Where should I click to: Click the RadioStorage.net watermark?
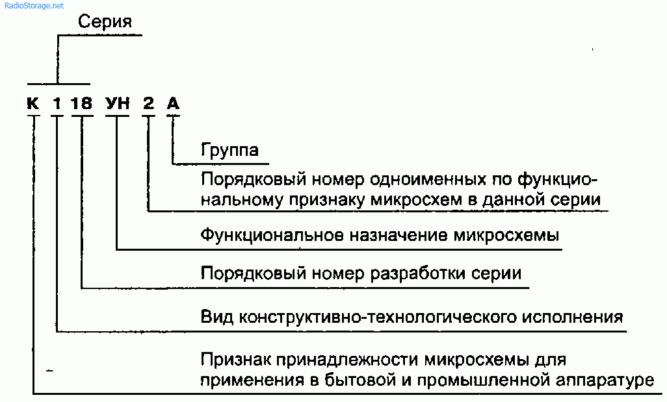click(x=34, y=6)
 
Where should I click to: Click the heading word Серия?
click(x=105, y=21)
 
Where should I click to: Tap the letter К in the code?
click(x=33, y=103)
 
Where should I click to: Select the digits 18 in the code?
click(x=82, y=103)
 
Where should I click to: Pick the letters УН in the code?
click(x=118, y=103)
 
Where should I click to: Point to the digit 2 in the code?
click(x=148, y=103)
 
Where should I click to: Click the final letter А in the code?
click(x=173, y=103)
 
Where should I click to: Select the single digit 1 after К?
click(x=57, y=103)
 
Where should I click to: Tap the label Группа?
click(x=229, y=149)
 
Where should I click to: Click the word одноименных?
click(x=428, y=179)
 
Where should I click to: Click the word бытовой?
click(x=360, y=379)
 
